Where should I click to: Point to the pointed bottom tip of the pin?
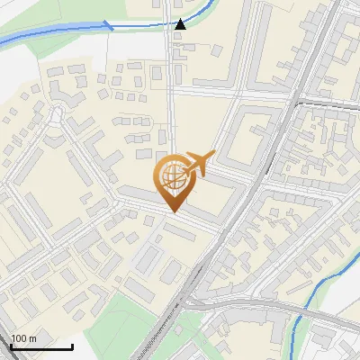coord(174,211)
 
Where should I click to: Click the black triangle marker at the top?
coord(181,24)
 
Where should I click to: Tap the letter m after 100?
coord(33,339)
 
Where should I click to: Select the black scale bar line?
coord(41,347)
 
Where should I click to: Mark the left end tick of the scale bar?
coord(11,346)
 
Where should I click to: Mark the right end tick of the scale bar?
coord(72,346)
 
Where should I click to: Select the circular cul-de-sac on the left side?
coord(57,115)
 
